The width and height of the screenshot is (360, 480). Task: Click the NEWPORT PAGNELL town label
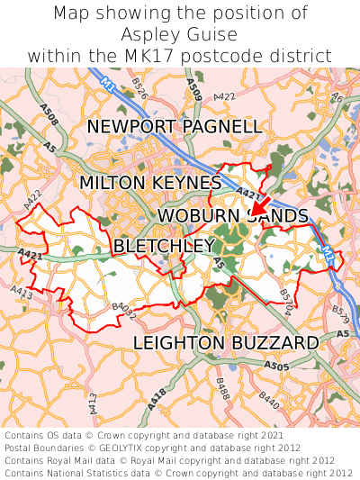pos(175,126)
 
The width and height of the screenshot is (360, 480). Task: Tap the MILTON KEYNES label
pos(149,183)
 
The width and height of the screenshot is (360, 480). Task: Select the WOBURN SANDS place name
pos(232,216)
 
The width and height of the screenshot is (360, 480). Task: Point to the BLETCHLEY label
pos(164,246)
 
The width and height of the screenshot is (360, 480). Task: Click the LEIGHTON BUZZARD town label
pos(225,343)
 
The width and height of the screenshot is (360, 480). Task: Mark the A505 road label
pos(278,366)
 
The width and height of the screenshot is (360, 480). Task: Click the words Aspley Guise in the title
pos(180,34)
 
